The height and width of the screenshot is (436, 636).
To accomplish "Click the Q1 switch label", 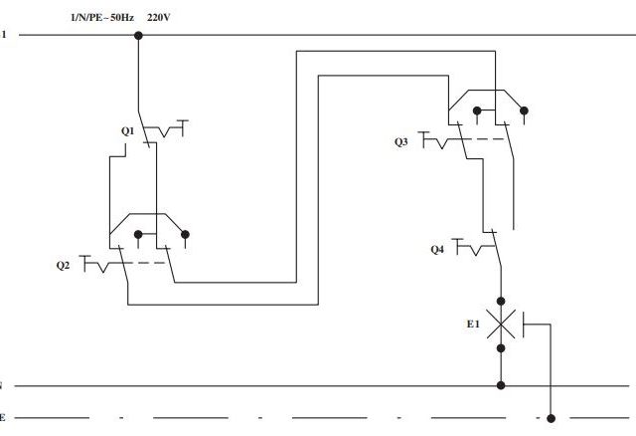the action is [127, 131].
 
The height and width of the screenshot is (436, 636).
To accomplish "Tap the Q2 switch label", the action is [63, 266].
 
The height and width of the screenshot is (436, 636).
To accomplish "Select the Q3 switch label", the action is [401, 141].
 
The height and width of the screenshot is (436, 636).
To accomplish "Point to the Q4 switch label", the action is [437, 250].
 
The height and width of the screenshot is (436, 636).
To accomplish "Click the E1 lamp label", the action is [473, 324].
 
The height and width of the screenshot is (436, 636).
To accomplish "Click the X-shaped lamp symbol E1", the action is [501, 324].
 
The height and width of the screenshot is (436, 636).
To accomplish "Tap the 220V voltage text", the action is [159, 18].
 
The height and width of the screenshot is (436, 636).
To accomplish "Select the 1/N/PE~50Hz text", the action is [102, 18].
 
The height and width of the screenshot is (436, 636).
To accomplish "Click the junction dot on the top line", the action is [138, 36].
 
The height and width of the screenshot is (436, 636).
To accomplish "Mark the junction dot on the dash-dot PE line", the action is [551, 418].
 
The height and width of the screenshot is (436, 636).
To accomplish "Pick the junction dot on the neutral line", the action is [501, 385].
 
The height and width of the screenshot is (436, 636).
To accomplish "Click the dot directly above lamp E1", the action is [501, 301].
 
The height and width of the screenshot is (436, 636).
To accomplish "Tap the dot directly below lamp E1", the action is [501, 348].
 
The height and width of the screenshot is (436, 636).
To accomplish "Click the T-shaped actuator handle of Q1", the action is [183, 128].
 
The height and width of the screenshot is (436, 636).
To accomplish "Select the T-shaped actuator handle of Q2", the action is [84, 263].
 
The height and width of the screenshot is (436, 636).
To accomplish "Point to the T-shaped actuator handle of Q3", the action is [423, 139].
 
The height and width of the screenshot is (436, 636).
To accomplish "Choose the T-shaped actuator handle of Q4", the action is [457, 247].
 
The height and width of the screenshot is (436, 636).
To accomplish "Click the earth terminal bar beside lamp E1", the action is [524, 325].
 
